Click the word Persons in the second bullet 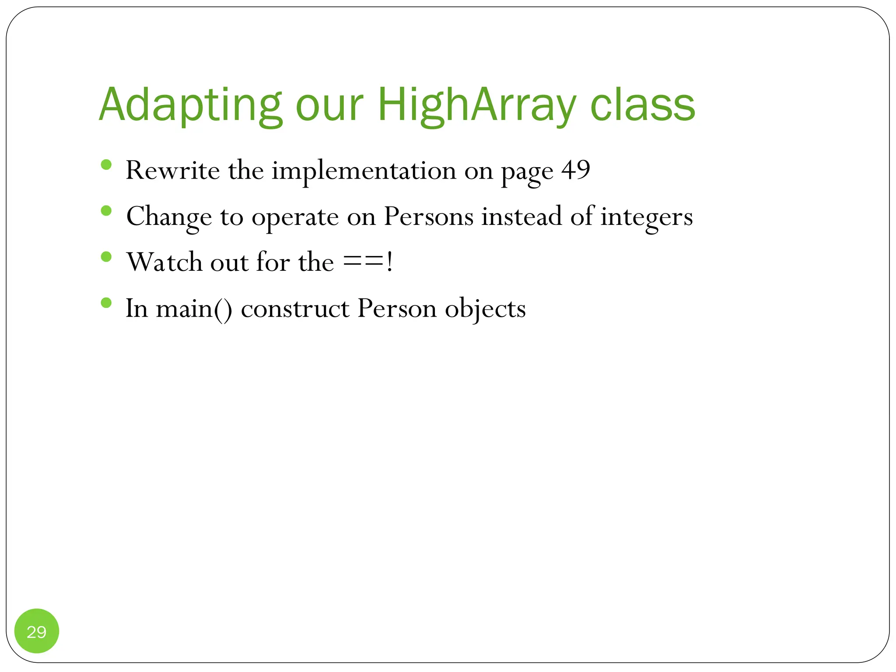coord(428,216)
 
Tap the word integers coord(646,216)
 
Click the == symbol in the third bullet coord(363,262)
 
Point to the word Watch coord(164,262)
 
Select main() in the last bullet coord(194,308)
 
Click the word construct coord(295,308)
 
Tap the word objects coord(485,308)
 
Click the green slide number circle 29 coord(37,631)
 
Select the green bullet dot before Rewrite coord(106,164)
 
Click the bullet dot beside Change coord(106,211)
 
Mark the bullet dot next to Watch coord(106,256)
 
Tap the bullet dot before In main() coord(106,303)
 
